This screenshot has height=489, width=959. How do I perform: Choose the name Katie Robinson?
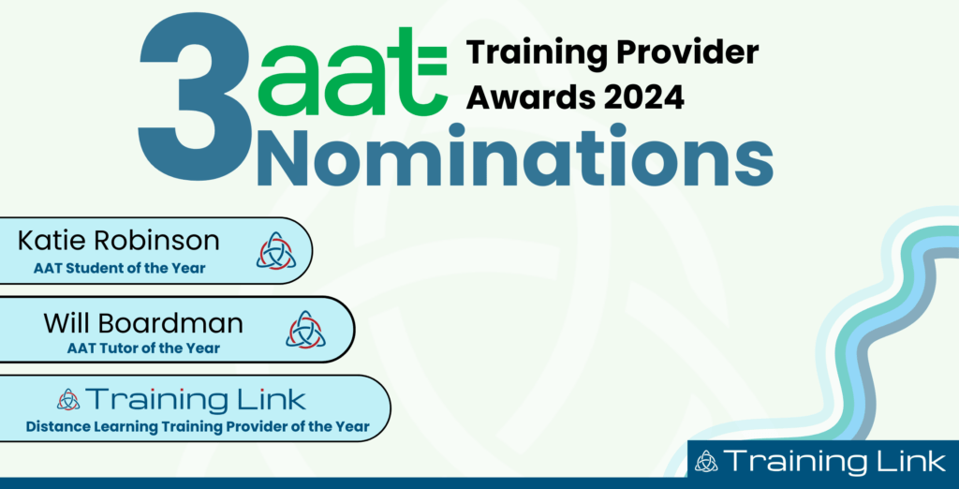[x=119, y=242]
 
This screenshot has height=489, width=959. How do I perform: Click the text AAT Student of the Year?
[x=119, y=269]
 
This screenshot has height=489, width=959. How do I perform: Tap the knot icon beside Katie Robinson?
[x=275, y=251]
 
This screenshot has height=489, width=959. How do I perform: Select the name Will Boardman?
[x=143, y=323]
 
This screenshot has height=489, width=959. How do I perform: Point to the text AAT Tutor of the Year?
[x=143, y=348]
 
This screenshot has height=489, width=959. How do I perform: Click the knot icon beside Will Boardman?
[x=305, y=329]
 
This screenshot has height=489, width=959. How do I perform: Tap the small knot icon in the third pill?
[x=68, y=400]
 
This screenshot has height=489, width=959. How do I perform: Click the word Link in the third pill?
[x=270, y=400]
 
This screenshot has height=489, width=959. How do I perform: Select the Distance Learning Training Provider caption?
[x=198, y=427]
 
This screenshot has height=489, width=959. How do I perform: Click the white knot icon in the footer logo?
[x=708, y=460]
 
